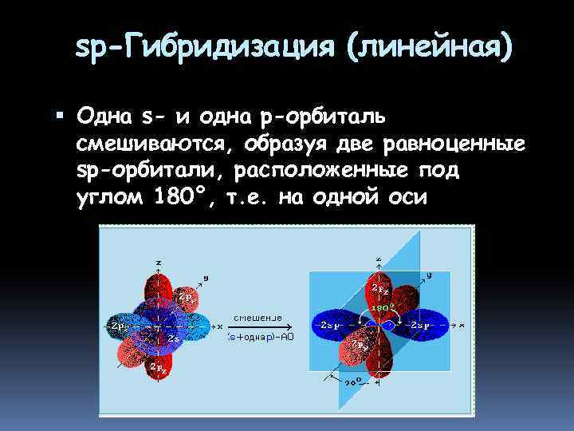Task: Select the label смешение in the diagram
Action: [257, 317]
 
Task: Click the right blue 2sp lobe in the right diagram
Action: [421, 326]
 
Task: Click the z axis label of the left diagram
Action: [159, 262]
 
